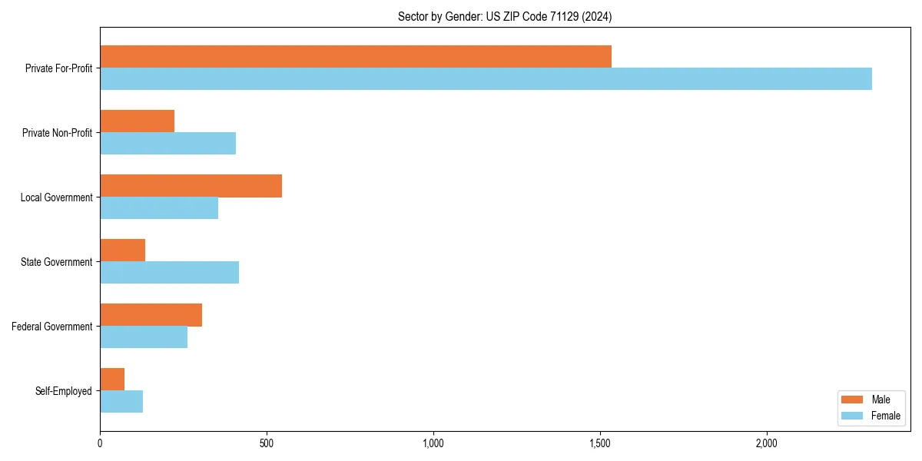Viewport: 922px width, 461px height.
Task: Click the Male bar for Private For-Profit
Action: tap(356, 57)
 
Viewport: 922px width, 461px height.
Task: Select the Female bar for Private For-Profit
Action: tap(486, 79)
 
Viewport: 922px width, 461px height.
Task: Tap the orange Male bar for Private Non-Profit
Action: tap(137, 121)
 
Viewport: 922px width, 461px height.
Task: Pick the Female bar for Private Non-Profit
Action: tap(167, 144)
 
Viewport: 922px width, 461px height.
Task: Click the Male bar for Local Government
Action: tap(191, 186)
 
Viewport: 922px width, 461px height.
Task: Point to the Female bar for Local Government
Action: tap(159, 208)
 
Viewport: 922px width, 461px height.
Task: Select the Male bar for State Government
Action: tap(122, 250)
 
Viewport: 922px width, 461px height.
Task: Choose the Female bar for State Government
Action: tap(169, 273)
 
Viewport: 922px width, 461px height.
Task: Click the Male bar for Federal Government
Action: tap(151, 315)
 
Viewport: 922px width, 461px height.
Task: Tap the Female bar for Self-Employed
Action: tap(121, 402)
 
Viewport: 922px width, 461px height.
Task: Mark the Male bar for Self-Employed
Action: tap(112, 380)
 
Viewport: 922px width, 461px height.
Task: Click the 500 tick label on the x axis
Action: tap(267, 443)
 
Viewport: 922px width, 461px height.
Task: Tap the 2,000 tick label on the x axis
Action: tap(767, 443)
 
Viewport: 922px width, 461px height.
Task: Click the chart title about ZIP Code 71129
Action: tap(505, 16)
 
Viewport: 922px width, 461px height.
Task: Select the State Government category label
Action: tap(56, 262)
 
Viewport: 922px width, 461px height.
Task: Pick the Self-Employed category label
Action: tap(63, 391)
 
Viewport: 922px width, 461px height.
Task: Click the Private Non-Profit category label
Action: tap(57, 133)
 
